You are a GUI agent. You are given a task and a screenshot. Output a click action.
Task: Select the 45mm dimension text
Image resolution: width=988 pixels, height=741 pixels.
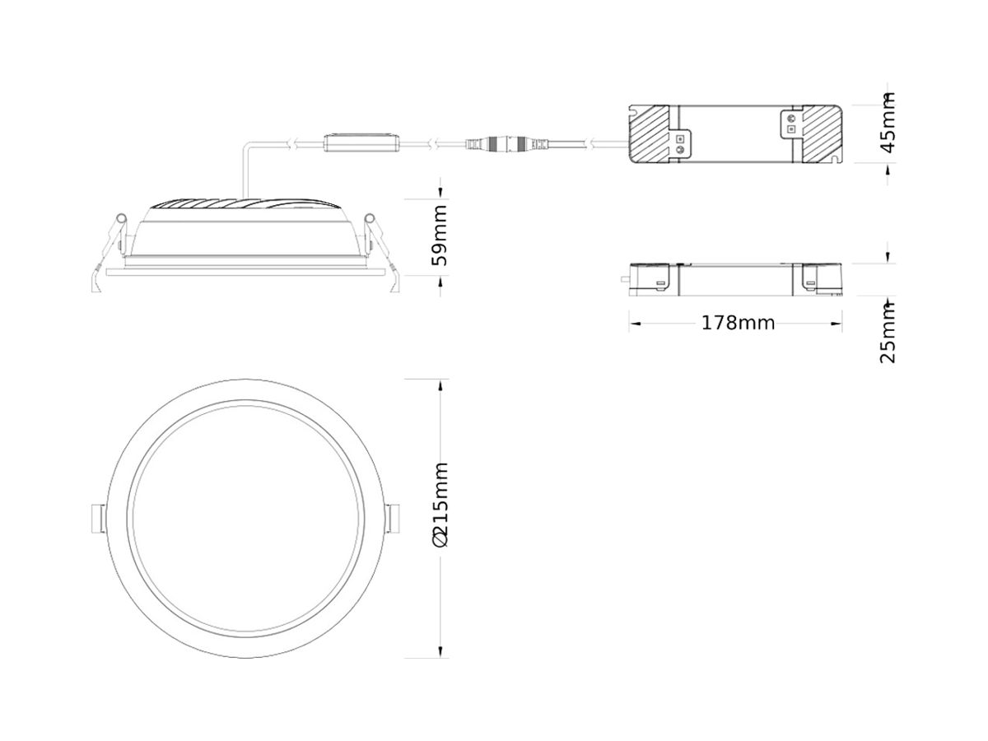pyautogui.click(x=888, y=123)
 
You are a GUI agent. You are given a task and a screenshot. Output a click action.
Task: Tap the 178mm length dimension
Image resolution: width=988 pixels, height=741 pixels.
pyautogui.click(x=738, y=323)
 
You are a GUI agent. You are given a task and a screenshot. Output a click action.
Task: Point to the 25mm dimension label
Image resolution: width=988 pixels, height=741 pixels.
pyautogui.click(x=888, y=333)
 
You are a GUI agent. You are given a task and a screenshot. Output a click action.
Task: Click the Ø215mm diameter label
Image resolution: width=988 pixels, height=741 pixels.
pyautogui.click(x=441, y=504)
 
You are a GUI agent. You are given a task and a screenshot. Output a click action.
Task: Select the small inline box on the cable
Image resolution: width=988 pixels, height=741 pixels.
pyautogui.click(x=362, y=142)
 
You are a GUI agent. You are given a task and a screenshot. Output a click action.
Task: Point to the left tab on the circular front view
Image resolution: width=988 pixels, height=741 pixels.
pyautogui.click(x=96, y=518)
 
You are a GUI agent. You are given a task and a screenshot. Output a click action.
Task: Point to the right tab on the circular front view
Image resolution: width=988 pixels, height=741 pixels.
pyautogui.click(x=393, y=518)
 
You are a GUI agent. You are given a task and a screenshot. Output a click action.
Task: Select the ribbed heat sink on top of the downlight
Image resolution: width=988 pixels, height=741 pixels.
pyautogui.click(x=244, y=204)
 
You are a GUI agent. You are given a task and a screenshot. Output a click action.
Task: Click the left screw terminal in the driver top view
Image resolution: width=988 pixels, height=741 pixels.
pyautogui.click(x=680, y=144)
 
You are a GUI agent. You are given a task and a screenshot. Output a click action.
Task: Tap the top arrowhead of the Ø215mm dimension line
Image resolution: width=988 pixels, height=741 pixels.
pyautogui.click(x=441, y=383)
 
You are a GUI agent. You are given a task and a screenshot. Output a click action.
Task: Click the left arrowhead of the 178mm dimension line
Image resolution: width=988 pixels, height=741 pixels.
pyautogui.click(x=633, y=324)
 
